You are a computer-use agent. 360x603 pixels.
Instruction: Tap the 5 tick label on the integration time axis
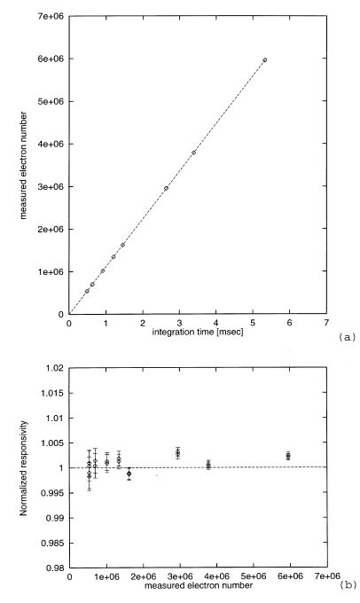coord(253,323)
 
